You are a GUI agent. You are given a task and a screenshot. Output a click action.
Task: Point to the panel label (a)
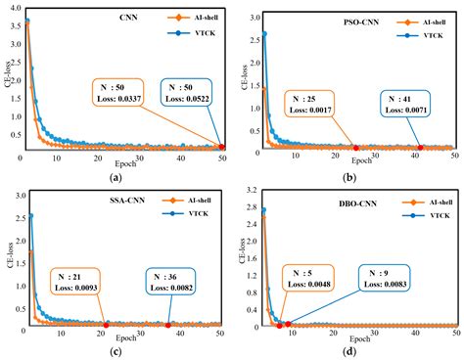[116, 176]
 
